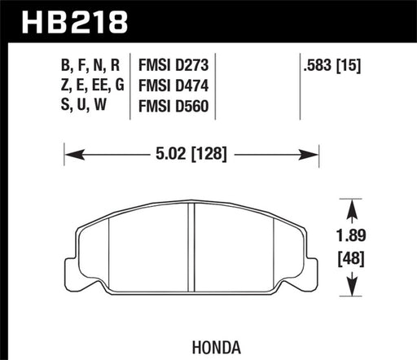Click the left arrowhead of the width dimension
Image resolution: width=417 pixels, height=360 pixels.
(70, 151)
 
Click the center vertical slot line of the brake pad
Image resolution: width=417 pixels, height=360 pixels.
(192, 248)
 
